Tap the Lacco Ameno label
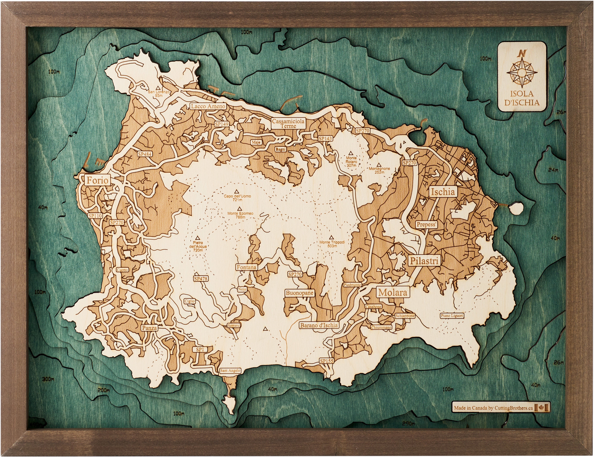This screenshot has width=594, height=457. [x=208, y=106]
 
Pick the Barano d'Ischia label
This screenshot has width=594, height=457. [x=319, y=325]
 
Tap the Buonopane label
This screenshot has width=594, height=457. [x=299, y=293]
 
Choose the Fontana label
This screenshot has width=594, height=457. [x=246, y=267]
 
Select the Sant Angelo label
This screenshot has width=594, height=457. [x=230, y=370]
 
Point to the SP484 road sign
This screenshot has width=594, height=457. [x=144, y=154]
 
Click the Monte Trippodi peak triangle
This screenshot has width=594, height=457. [x=331, y=237]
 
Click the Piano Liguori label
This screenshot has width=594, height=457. [x=452, y=316]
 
